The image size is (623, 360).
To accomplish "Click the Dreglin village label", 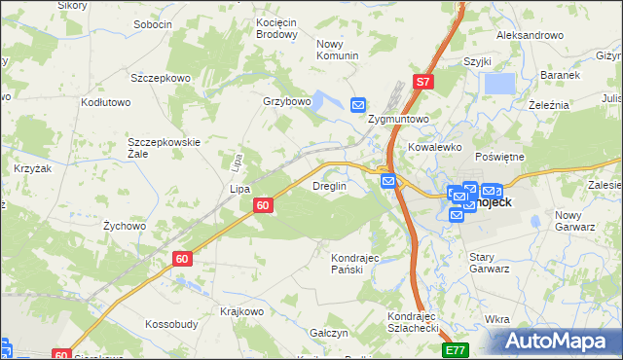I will click(329, 186).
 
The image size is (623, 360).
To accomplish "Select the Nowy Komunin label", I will click(338, 50).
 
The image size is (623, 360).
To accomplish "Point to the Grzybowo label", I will click(286, 101).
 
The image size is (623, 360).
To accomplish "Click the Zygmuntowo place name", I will click(399, 119).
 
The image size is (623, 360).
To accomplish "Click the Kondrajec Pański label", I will click(353, 263).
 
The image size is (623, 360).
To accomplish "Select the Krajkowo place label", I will click(241, 311).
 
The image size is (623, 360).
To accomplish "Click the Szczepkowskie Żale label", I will click(164, 148).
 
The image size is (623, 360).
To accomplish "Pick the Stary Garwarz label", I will click(489, 263).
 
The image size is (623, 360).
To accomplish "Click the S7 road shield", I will click(422, 83).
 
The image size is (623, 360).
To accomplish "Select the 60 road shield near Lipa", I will click(263, 205).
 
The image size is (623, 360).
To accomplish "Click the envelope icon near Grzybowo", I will click(358, 105).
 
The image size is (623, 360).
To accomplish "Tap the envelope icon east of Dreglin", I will click(388, 180).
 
